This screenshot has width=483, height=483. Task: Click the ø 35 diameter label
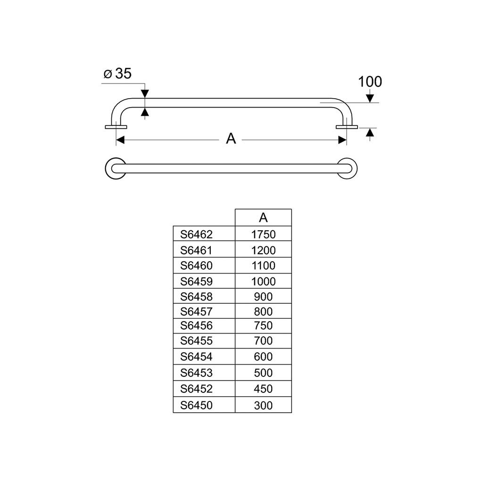(117, 74)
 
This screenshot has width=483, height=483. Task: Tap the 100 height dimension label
(370, 82)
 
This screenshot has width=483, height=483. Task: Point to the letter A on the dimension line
(231, 139)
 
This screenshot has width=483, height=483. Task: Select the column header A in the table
(263, 218)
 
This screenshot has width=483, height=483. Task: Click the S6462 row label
(196, 234)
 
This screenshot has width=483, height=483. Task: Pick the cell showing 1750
(263, 234)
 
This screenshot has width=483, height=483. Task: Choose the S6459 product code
(196, 281)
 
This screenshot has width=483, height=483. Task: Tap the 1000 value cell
(263, 281)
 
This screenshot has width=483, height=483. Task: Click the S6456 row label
(196, 325)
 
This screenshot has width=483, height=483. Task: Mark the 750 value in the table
(263, 325)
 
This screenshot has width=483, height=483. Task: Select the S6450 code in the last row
(196, 405)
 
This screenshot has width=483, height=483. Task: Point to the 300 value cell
(263, 405)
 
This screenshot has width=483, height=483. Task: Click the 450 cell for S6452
(263, 389)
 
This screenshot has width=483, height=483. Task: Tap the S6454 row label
(196, 357)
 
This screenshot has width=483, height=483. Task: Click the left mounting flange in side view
(116, 127)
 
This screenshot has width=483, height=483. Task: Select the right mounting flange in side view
(347, 127)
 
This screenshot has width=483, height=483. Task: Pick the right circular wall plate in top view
(355, 168)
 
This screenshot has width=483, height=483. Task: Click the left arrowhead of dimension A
(120, 140)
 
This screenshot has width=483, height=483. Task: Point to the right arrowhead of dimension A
(342, 140)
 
